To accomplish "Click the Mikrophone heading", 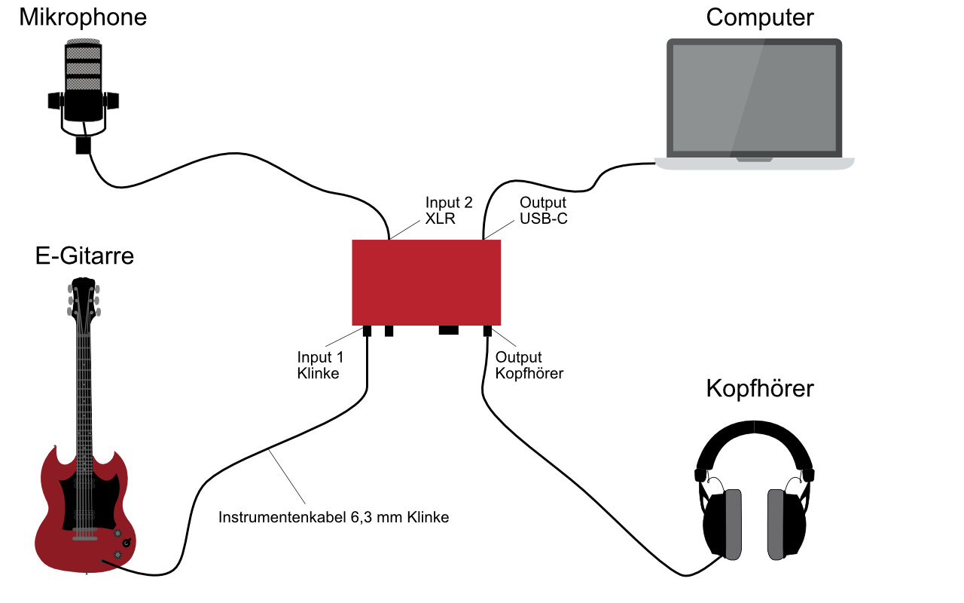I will (82, 17).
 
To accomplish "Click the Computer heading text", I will (759, 17).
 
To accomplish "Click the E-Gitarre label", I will (84, 256).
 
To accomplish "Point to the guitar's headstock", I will (84, 298).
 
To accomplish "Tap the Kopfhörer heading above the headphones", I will (759, 389).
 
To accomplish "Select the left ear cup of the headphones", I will (724, 524).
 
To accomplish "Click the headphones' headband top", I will (755, 428).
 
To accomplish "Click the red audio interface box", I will (426, 282).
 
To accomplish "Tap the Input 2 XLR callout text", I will (450, 210).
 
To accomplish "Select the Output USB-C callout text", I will (543, 210).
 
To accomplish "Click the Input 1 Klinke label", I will (319, 365).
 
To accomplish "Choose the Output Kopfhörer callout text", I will (529, 365).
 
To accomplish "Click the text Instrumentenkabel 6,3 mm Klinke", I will (334, 518).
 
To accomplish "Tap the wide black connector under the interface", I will (448, 329).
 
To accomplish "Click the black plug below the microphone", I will (83, 145).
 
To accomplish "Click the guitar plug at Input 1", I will (368, 330).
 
